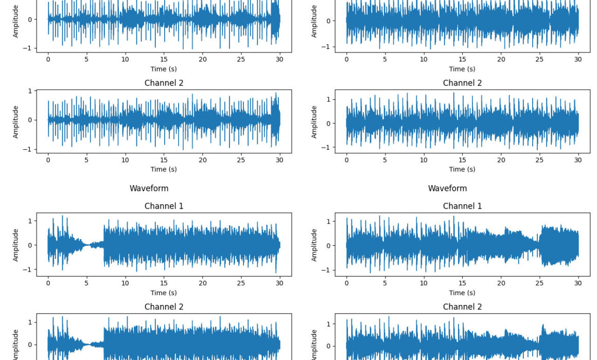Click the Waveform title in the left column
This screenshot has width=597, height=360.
(149, 188)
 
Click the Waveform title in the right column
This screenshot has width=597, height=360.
(447, 188)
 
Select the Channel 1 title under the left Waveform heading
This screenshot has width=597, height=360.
(164, 206)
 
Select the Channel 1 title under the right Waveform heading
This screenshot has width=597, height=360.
(462, 206)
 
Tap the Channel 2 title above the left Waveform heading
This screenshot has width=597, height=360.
(164, 83)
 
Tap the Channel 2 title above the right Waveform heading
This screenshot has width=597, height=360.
(462, 83)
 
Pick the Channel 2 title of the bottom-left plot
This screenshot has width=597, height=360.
(164, 307)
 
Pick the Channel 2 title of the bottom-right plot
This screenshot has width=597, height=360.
(462, 307)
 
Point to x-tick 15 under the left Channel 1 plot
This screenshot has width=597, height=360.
(164, 283)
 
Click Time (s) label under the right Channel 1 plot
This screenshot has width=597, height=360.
(462, 293)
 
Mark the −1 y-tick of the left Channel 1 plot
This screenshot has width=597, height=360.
(29, 269)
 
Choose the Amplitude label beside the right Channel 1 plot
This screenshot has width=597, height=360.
(314, 245)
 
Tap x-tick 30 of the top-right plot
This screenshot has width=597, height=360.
(578, 59)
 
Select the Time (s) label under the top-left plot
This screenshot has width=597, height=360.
(164, 69)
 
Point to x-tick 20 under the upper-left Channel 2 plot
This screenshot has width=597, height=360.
(202, 160)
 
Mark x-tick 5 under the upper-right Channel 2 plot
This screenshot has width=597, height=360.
(385, 160)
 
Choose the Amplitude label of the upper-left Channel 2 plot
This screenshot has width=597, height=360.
(15, 122)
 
